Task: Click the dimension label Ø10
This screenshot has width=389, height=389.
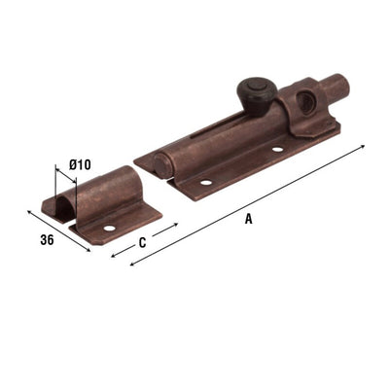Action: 80,164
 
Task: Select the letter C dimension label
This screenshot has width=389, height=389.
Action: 142,243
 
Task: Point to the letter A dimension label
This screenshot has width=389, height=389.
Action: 248,220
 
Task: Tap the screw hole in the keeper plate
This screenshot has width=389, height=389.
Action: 110,230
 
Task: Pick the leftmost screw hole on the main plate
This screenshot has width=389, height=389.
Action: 206,182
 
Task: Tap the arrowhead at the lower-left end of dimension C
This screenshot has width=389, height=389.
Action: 113,257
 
